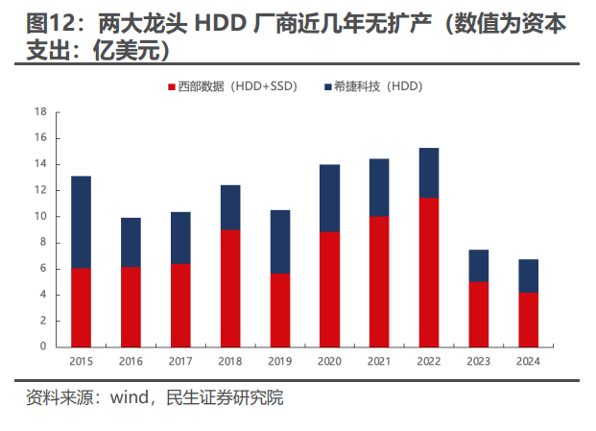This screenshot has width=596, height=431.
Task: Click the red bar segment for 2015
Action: click(81, 307)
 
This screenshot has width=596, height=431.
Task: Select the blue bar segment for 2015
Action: click(81, 222)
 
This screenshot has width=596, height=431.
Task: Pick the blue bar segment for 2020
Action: click(329, 198)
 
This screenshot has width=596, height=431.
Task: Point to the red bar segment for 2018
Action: click(230, 288)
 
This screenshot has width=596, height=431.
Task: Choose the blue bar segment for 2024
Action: click(529, 276)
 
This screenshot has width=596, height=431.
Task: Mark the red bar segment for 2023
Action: click(479, 314)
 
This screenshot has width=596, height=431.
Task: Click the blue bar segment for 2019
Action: click(280, 242)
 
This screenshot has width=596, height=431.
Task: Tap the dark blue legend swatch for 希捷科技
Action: click(328, 86)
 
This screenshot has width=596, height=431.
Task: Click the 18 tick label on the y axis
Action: click(40, 112)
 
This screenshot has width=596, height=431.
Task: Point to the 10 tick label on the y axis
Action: click(40, 216)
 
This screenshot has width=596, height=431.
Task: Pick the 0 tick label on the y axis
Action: click(43, 347)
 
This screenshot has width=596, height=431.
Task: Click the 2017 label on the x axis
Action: click(180, 362)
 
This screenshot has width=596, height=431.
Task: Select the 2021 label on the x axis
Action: click(379, 362)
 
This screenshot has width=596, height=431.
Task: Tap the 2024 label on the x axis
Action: click(529, 362)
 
